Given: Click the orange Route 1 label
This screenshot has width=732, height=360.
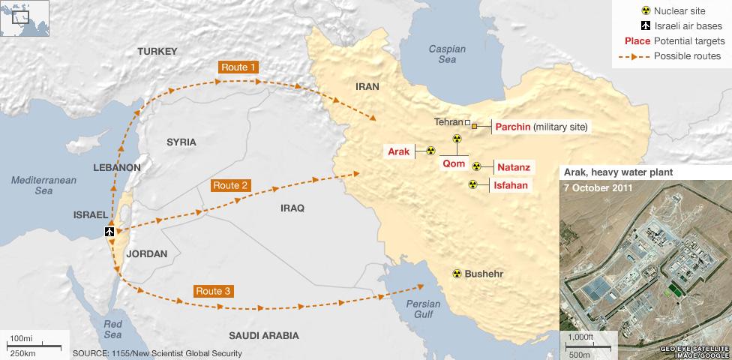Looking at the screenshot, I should [238, 67].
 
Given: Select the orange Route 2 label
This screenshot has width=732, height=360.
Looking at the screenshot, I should [230, 184].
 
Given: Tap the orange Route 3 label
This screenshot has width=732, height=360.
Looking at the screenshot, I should [212, 290].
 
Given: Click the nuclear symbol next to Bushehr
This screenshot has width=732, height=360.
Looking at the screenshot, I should [455, 274].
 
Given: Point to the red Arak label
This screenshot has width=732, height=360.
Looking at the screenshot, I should [398, 151].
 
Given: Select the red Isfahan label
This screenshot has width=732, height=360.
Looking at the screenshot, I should [511, 184].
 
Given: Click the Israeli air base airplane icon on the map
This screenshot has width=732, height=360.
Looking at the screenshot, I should [109, 232].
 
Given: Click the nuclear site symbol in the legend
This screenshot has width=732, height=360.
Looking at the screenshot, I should [642, 11].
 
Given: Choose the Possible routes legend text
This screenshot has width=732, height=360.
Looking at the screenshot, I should [687, 56].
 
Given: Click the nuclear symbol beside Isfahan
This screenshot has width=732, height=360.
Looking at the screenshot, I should [472, 184].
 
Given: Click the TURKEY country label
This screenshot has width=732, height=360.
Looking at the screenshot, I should [157, 51].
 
